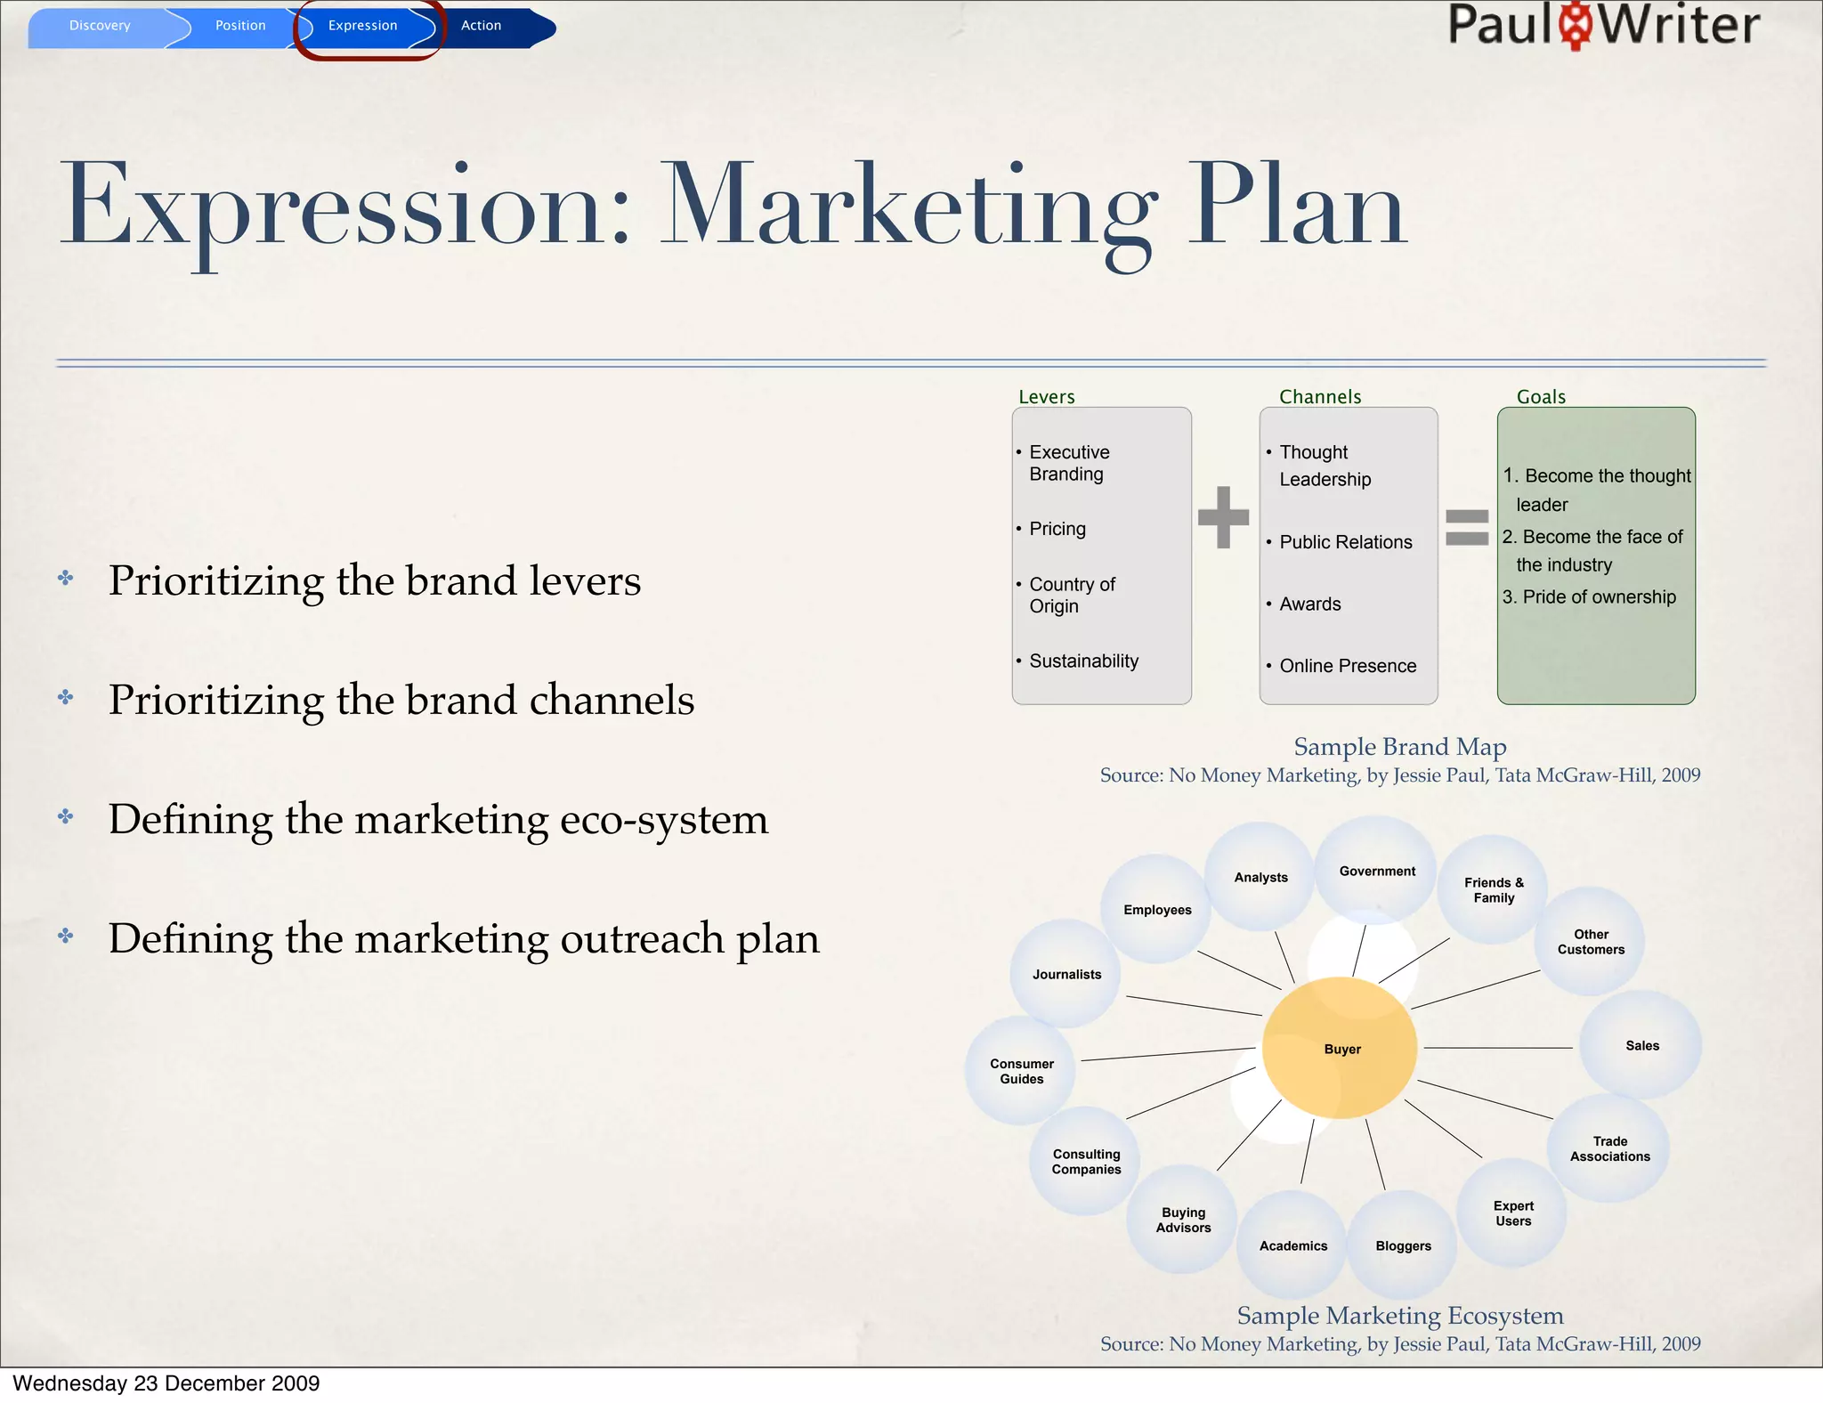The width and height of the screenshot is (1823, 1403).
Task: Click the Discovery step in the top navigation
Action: click(100, 26)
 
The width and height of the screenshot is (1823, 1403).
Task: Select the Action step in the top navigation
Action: click(482, 26)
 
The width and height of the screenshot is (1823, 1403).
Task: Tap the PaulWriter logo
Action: click(1603, 25)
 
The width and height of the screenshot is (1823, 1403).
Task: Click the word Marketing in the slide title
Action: click(908, 207)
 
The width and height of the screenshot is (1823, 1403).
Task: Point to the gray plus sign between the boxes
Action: click(1223, 517)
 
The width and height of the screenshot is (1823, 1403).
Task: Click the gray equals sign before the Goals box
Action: click(1466, 527)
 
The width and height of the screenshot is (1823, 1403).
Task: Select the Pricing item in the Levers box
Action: click(1057, 529)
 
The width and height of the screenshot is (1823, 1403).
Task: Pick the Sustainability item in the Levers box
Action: click(1083, 661)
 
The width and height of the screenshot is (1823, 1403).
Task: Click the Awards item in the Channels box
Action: click(1309, 604)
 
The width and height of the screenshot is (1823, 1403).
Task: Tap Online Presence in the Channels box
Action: click(1348, 666)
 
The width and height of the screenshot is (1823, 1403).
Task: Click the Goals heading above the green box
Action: click(1541, 397)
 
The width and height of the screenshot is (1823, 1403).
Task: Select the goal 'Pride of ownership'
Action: click(1599, 596)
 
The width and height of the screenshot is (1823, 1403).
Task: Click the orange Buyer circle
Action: click(1341, 1049)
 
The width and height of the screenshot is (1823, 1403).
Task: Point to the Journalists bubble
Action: click(1066, 974)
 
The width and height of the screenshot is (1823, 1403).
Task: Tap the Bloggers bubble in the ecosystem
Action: click(1403, 1245)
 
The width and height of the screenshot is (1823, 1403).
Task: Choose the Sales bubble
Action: click(1641, 1045)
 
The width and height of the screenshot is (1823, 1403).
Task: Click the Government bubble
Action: click(1376, 871)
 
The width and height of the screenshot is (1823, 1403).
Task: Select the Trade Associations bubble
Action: click(1609, 1148)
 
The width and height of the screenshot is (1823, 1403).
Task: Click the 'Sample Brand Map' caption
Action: click(1399, 746)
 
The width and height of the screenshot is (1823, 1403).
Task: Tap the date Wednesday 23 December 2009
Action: click(166, 1383)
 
